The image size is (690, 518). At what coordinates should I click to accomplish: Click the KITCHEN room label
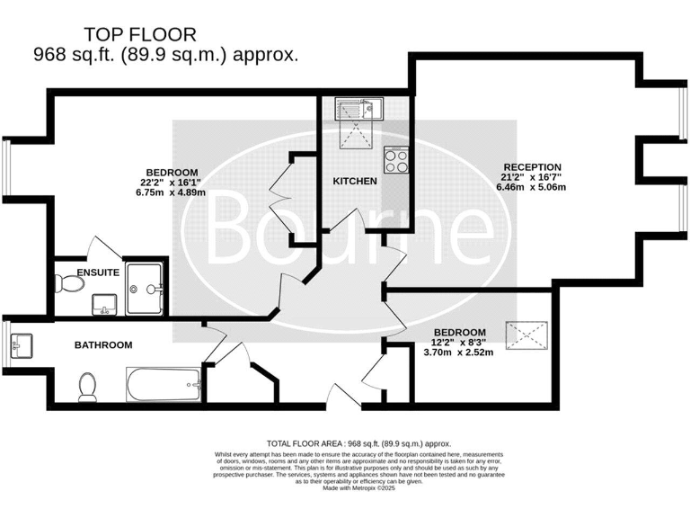click(355, 182)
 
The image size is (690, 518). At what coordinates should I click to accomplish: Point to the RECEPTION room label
click(532, 167)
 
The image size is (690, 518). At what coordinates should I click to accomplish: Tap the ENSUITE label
click(99, 272)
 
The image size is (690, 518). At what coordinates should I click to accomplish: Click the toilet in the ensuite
click(68, 284)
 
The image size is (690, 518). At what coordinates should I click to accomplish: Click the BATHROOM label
click(103, 344)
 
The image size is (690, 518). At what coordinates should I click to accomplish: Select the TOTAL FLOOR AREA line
click(358, 443)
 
